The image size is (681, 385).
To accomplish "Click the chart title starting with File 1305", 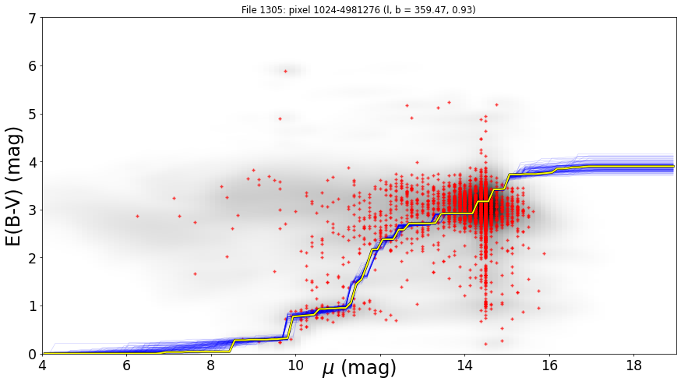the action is pyautogui.click(x=358, y=9).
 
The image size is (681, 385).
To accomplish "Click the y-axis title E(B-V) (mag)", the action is pyautogui.click(x=13, y=186).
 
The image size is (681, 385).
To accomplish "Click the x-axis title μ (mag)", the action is pyautogui.click(x=359, y=368).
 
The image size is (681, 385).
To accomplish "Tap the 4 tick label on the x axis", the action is pyautogui.click(x=43, y=365).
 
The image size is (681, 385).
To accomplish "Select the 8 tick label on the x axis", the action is pyautogui.click(x=211, y=365).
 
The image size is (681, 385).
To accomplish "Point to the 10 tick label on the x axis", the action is pyautogui.click(x=295, y=365).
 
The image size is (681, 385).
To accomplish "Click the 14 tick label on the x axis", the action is pyautogui.click(x=464, y=365).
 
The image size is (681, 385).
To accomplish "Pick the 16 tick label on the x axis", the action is pyautogui.click(x=549, y=365).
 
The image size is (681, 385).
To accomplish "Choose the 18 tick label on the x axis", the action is pyautogui.click(x=634, y=365).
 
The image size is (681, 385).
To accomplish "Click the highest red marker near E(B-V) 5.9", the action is pyautogui.click(x=285, y=71).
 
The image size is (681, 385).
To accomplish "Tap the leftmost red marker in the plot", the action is pyautogui.click(x=137, y=216).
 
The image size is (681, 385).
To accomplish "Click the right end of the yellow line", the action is pyautogui.click(x=674, y=167).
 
